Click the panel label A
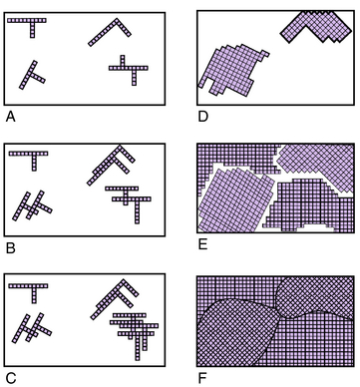10,117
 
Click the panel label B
10,248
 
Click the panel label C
11,378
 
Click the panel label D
202,117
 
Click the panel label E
202,244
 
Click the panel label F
202,378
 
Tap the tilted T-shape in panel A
30,75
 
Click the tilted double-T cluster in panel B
32,206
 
